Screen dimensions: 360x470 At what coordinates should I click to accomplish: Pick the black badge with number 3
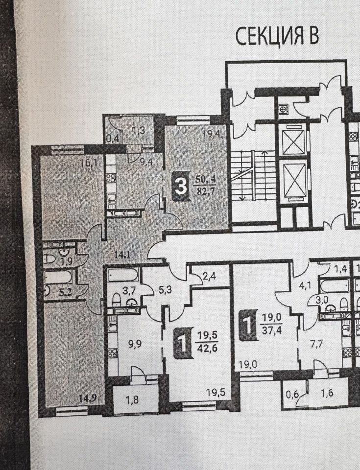click(181, 186)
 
